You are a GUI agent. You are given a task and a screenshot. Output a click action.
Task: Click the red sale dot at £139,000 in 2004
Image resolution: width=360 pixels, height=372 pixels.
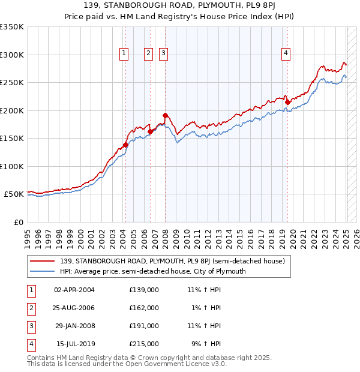[125, 145]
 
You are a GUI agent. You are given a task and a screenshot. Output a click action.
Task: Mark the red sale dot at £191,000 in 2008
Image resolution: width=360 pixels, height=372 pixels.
[165, 115]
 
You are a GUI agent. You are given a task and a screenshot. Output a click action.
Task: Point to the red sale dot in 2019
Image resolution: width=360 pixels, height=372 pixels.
[287, 102]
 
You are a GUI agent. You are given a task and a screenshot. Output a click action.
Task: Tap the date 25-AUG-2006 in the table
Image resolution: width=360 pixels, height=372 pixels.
[74, 308]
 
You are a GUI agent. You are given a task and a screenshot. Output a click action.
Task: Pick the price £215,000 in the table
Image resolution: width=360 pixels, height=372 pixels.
[144, 344]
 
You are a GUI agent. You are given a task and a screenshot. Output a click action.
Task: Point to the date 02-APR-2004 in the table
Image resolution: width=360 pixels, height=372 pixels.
[74, 290]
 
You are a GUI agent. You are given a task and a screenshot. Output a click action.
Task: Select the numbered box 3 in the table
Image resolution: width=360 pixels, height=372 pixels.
[30, 326]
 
